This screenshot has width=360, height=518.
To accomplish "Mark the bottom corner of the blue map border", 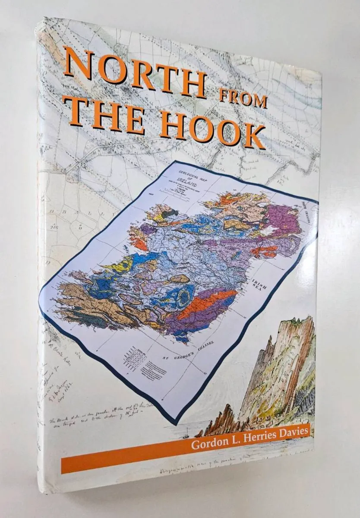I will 175,418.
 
